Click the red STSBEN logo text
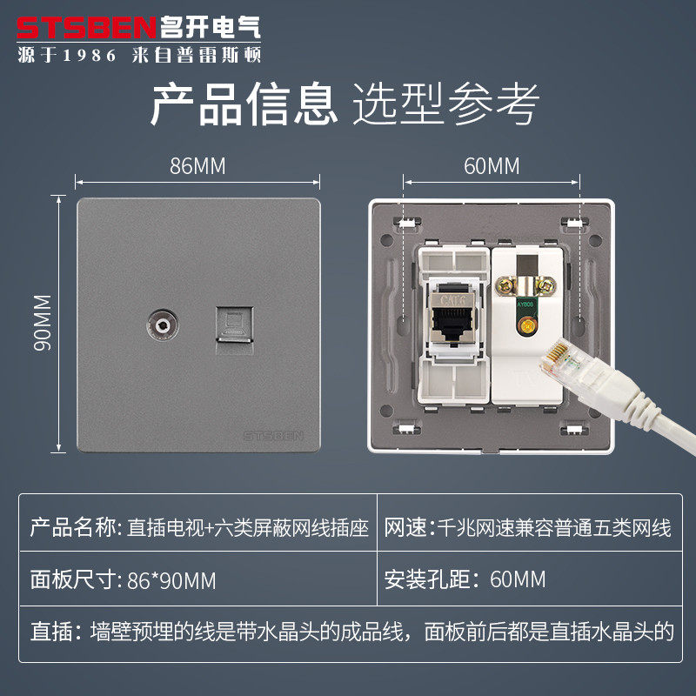pos(86,28)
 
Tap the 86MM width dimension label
pos(197,166)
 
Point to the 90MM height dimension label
pos(43,323)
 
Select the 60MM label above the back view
pos(492,166)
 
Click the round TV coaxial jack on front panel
pos(163,325)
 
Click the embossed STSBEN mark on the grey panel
pos(273,436)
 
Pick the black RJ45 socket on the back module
pos(453,322)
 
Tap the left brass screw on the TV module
pos(505,286)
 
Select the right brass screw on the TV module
pos(546,286)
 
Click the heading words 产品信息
pos(244,104)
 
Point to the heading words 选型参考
pos(445,104)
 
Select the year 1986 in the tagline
pos(90,56)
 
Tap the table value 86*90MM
pos(171,580)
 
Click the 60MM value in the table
pos(518,579)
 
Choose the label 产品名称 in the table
pos(73,528)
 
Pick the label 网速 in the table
pos(405,528)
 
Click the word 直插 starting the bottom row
pos(51,632)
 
